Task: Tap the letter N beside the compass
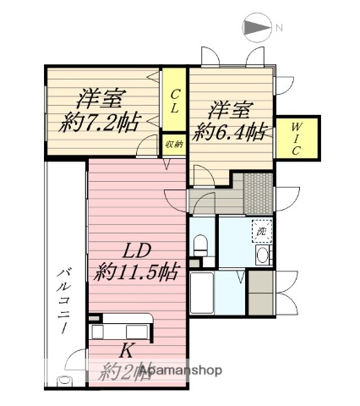pos(279,28)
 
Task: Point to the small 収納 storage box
pos(174,145)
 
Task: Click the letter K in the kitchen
pos(125,349)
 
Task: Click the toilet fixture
pos(200,244)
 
